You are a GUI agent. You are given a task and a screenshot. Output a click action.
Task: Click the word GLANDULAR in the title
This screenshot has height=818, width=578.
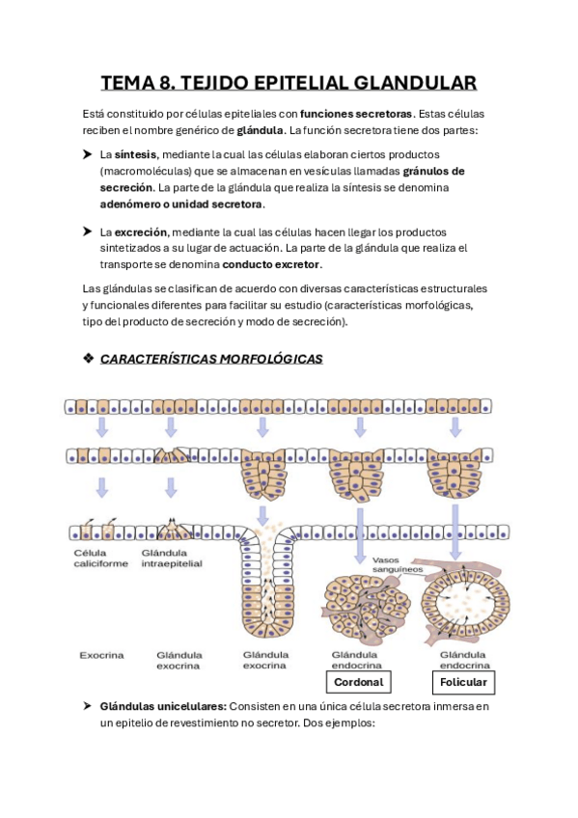click(415, 84)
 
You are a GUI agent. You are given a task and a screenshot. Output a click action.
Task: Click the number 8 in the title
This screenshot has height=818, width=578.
click(168, 84)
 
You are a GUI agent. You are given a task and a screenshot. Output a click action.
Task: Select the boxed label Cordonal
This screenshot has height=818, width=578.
click(358, 682)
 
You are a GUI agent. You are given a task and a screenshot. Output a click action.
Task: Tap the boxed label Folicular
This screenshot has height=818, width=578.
click(463, 682)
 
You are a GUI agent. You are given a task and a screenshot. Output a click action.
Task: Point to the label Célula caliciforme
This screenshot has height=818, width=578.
click(100, 559)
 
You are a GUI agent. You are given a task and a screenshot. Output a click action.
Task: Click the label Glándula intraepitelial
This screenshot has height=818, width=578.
click(172, 559)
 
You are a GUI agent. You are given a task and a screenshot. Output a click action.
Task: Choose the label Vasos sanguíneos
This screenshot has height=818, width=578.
click(398, 564)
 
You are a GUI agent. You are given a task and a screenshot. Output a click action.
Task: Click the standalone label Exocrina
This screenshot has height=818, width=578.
click(101, 655)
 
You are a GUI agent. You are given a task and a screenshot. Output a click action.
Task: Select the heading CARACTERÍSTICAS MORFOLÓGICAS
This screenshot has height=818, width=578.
click(211, 359)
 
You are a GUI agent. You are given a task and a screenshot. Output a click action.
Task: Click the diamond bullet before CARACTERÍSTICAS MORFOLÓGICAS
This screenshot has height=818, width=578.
click(88, 358)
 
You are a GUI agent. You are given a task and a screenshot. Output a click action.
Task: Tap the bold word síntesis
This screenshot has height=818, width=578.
click(135, 154)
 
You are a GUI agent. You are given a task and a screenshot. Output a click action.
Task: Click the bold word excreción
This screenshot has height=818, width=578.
click(140, 232)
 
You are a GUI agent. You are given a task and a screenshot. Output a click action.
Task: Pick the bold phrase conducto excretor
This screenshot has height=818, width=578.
click(270, 264)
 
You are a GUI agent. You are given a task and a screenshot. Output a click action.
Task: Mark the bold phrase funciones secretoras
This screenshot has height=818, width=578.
click(356, 114)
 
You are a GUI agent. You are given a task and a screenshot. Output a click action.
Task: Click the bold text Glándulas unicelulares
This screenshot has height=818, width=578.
click(163, 706)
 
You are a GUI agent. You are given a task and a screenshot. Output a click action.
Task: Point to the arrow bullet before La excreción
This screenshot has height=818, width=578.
click(87, 232)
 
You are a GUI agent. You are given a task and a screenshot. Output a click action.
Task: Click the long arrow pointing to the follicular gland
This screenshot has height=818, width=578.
click(455, 532)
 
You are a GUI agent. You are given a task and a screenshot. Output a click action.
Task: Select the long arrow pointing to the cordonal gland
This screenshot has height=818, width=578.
click(360, 534)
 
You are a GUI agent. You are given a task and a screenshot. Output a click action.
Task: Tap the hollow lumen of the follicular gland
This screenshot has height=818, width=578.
click(465, 607)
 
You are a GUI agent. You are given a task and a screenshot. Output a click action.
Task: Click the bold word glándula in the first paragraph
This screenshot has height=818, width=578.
click(260, 130)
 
